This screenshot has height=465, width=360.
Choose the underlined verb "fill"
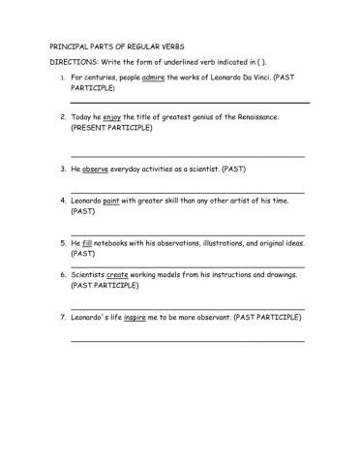click(88, 242)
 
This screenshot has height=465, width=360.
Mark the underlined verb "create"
click(116, 275)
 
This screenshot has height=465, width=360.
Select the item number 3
click(62, 168)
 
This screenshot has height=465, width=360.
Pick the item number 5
click(62, 242)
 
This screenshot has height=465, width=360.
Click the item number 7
click(62, 317)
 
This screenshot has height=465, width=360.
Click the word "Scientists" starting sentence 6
click(88, 275)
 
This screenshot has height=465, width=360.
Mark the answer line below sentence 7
click(188, 340)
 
